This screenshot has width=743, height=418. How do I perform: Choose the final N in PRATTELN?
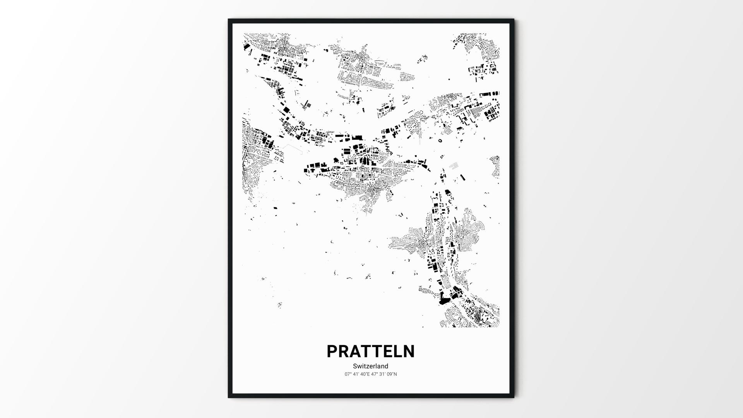tap(409, 351)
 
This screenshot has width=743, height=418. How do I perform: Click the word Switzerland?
tap(370, 366)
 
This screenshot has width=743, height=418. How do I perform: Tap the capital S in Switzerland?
tap(355, 366)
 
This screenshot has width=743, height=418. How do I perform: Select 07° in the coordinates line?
tap(348, 374)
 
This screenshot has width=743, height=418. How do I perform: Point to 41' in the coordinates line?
tap(356, 374)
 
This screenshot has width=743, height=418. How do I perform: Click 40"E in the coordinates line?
tap(365, 374)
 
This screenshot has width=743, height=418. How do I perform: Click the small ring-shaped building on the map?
tap(440, 140)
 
